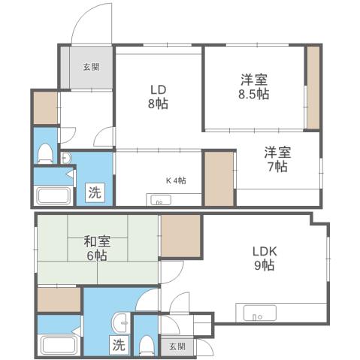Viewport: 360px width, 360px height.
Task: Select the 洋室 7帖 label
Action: pyautogui.click(x=276, y=159)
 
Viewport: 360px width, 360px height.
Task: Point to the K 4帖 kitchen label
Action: pyautogui.click(x=176, y=180)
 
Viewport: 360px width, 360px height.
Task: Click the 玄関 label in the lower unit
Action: pyautogui.click(x=176, y=346)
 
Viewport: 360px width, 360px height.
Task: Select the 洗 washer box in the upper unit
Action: pyautogui.click(x=95, y=192)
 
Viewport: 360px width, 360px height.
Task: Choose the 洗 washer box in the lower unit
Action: pyautogui.click(x=119, y=346)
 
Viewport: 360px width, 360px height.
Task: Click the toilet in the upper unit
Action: pyautogui.click(x=45, y=155)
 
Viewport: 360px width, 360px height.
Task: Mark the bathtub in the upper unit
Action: pyautogui.click(x=52, y=197)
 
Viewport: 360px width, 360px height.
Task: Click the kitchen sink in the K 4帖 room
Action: pyautogui.click(x=160, y=200)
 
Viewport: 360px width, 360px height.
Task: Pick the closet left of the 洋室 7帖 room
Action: pyautogui.click(x=219, y=178)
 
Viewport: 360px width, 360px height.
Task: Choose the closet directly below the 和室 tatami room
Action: pyautogui.click(x=59, y=298)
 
